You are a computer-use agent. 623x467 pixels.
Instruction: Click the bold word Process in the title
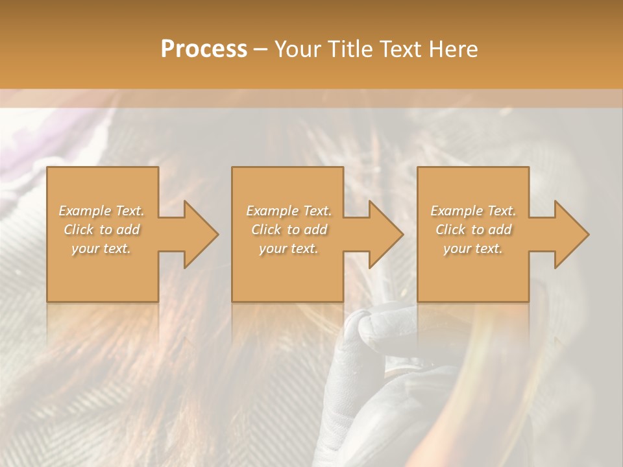coord(204,49)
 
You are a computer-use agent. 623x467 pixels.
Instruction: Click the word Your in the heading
coord(298,49)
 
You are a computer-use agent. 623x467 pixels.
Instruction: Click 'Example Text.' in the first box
coord(101,211)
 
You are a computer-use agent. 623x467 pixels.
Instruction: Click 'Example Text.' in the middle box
coord(289,211)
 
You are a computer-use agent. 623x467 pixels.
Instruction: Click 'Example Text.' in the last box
coord(473,211)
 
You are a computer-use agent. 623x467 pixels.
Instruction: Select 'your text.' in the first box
coord(101,248)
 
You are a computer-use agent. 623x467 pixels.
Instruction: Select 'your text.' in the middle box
coord(289,248)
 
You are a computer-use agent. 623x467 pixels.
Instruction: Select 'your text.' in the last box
coord(473,248)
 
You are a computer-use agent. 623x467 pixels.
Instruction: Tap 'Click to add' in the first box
coord(101,230)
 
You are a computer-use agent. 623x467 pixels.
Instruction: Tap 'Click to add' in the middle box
coord(289,230)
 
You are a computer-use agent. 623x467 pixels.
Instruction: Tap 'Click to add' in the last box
coord(473,230)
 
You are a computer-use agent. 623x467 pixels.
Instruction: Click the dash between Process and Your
coord(260,50)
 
